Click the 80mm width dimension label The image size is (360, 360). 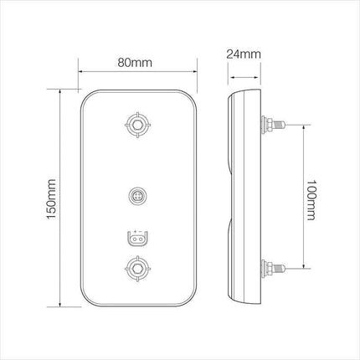pyautogui.click(x=135, y=63)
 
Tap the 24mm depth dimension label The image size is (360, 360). pyautogui.click(x=244, y=54)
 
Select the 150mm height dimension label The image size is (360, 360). pyautogui.click(x=51, y=199)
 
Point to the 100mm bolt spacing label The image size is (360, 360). pyautogui.click(x=311, y=200)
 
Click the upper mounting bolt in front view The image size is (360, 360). pyautogui.click(x=137, y=125)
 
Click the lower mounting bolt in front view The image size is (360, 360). pyautogui.click(x=137, y=269)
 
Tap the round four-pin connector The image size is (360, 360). pyautogui.click(x=137, y=196)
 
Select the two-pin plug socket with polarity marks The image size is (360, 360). pyautogui.click(x=137, y=239)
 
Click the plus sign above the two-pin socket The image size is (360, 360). pyautogui.click(x=135, y=232)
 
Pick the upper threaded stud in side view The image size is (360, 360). pyautogui.click(x=274, y=125)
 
